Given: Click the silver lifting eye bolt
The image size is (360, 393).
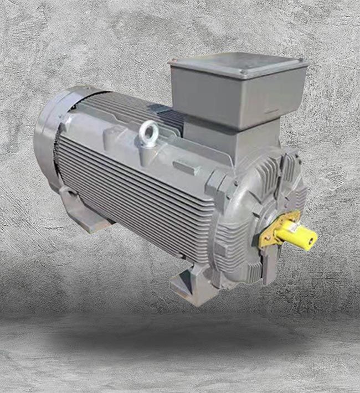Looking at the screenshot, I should (x=148, y=133).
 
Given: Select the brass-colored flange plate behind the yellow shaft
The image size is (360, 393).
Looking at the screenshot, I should (x=272, y=231).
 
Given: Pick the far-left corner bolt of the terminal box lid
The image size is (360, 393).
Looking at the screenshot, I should (x=173, y=63).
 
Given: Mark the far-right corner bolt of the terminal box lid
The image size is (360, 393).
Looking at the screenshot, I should (x=302, y=62).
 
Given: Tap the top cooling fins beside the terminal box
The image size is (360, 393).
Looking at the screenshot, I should (x=130, y=108).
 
